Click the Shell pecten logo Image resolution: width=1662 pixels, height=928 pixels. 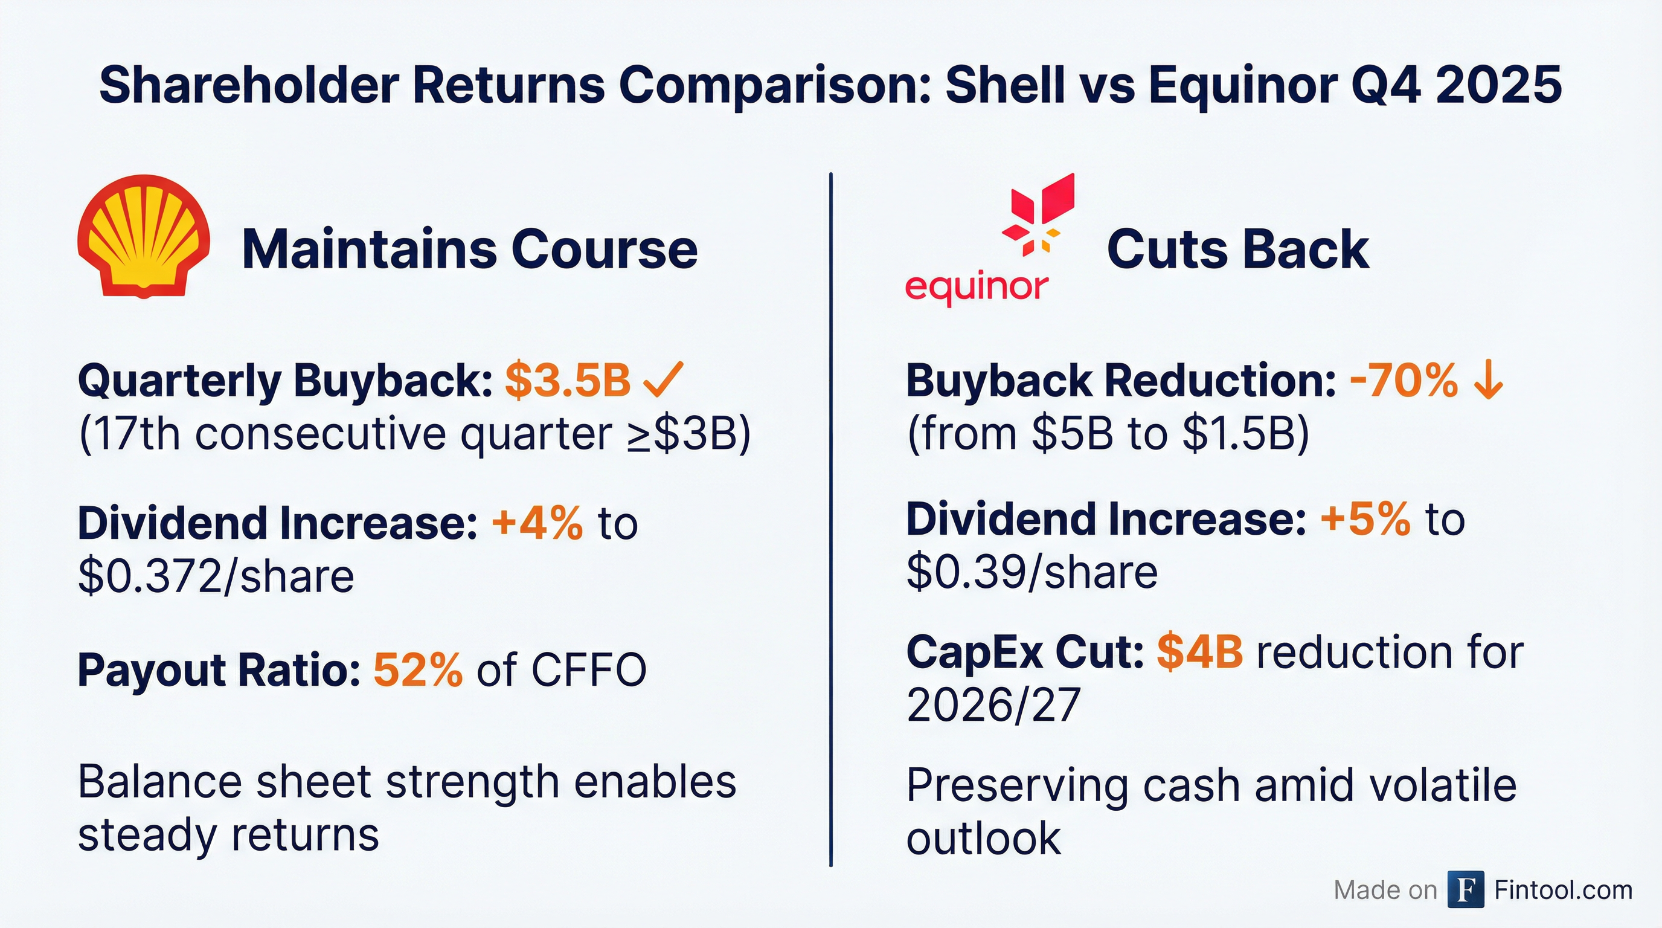coord(143,236)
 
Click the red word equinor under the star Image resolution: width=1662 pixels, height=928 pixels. coord(976,286)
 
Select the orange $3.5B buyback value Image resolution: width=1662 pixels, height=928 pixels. coord(567,380)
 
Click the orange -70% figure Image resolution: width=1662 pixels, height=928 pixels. coord(1404,380)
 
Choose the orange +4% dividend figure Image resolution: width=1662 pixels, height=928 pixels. coord(537,523)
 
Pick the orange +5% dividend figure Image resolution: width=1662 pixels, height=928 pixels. coord(1365,519)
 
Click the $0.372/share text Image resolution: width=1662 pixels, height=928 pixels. coord(216,576)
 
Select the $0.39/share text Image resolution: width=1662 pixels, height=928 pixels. coord(1032,572)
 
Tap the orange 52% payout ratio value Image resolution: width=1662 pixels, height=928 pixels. coord(417,670)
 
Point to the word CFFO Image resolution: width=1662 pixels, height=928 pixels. coord(588,670)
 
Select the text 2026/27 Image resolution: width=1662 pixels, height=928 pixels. coord(993,704)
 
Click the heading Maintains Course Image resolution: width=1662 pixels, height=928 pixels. coord(469,249)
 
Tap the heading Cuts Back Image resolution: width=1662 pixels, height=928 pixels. coord(1237,249)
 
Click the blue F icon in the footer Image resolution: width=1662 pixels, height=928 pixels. coord(1465,889)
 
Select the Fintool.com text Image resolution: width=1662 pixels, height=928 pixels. coord(1562,890)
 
